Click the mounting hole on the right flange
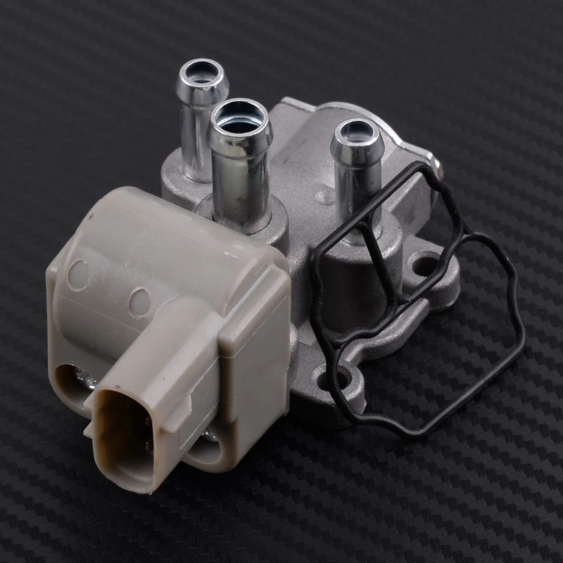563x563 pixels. pos(426,264)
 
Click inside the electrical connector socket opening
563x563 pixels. pos(122,436)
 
